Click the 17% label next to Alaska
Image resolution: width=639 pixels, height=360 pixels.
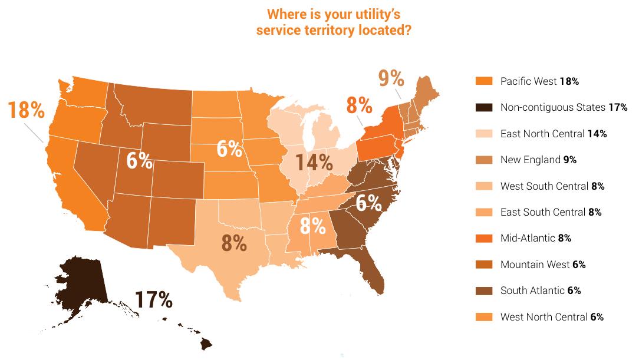153,299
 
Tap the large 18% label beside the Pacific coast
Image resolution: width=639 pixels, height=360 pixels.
26,110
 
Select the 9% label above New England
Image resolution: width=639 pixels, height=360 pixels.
391,78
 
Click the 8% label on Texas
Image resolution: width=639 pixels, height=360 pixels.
234,242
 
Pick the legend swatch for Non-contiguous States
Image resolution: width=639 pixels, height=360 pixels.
483,107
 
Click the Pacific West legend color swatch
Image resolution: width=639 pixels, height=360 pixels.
483,81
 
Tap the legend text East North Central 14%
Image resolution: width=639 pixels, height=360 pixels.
553,134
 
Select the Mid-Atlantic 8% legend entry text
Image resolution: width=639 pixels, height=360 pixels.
535,239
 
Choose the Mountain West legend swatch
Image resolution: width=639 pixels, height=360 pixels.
483,265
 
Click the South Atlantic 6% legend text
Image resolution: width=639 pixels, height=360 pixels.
540,290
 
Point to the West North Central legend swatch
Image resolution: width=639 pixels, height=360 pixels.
483,317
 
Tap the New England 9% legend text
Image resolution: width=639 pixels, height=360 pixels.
538,160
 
